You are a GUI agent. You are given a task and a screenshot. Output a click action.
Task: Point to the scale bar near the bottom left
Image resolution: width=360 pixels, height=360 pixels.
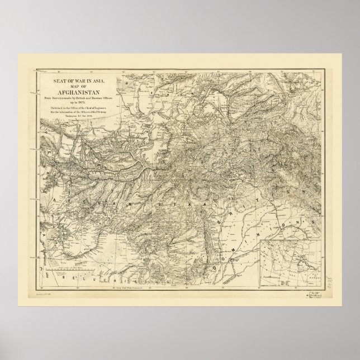pos(61,274)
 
